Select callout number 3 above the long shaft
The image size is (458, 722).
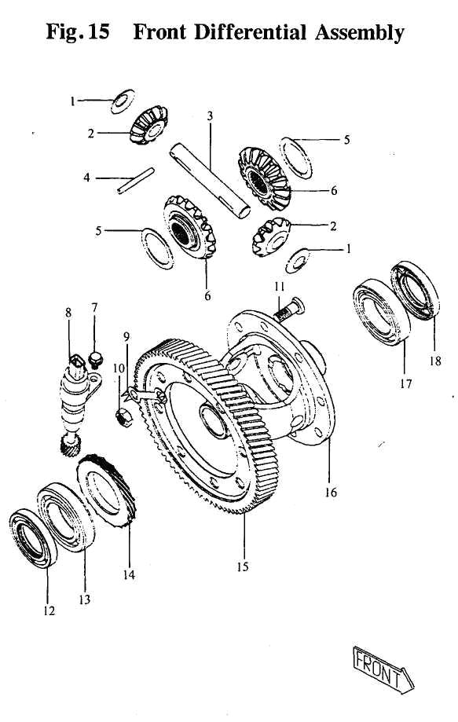tap(210, 116)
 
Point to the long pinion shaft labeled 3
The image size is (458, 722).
tap(211, 176)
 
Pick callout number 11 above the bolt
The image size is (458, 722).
tap(278, 288)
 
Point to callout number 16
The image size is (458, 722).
tap(331, 493)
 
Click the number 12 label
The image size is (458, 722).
tap(49, 610)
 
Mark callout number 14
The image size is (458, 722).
tap(129, 574)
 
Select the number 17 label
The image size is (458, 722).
tap(406, 385)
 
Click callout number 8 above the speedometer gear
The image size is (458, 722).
tap(68, 311)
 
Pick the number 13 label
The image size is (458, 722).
tap(84, 599)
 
